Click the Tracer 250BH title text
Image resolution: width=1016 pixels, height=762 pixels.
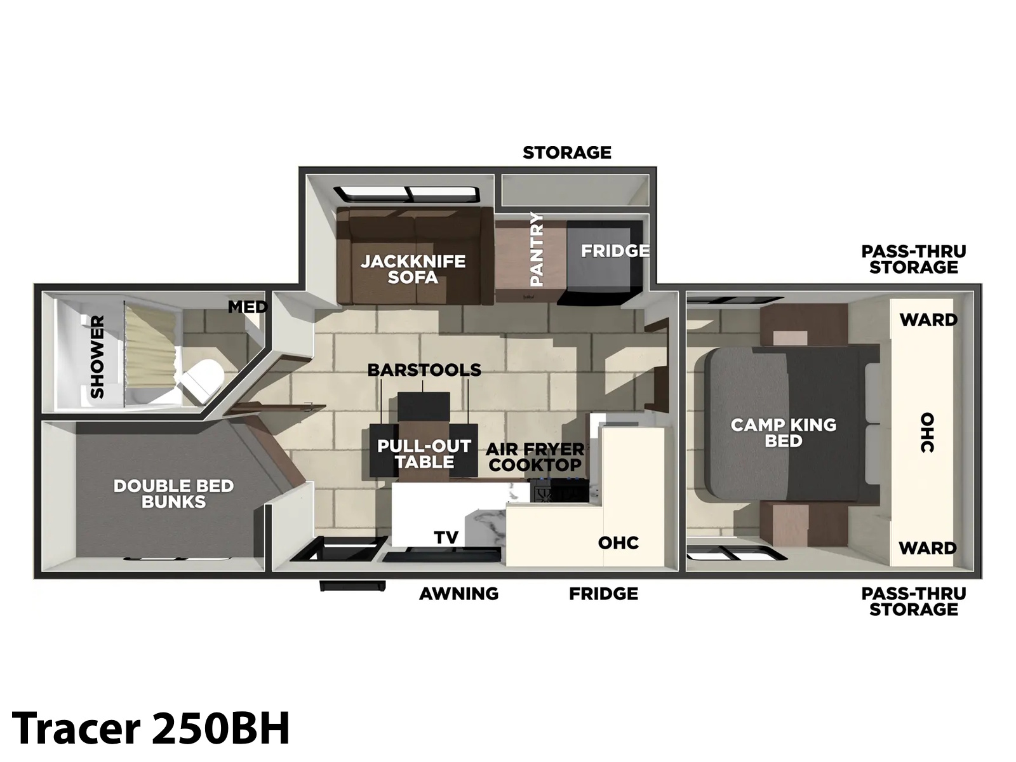coord(150,728)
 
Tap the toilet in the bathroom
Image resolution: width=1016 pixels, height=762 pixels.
coord(202,380)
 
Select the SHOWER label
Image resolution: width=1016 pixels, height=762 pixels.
coord(97,357)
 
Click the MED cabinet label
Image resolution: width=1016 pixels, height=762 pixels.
coord(248,307)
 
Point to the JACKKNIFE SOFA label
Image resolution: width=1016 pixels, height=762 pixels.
coord(413,269)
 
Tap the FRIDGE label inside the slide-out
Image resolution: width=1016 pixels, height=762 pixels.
coord(615,251)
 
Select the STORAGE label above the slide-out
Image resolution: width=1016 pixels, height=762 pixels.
coord(567,152)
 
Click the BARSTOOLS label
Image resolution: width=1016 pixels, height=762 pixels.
coord(424,370)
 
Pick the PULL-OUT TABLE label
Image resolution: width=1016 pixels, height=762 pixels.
coord(424,454)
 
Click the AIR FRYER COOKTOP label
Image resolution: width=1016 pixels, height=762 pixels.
coord(535,457)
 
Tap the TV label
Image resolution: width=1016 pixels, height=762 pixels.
coord(446,537)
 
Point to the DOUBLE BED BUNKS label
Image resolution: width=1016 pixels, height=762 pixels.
coord(173,493)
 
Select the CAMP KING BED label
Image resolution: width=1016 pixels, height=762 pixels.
coord(784,432)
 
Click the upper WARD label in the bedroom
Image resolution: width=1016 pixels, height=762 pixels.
coord(928,319)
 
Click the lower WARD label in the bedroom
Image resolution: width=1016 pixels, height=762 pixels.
coord(928,548)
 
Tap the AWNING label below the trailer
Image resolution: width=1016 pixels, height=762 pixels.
coord(458,594)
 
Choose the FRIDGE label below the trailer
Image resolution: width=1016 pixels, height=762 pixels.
coord(604,594)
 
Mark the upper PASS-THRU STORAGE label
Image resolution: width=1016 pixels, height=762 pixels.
coord(914,259)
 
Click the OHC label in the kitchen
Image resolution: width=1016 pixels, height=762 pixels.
coord(618,543)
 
